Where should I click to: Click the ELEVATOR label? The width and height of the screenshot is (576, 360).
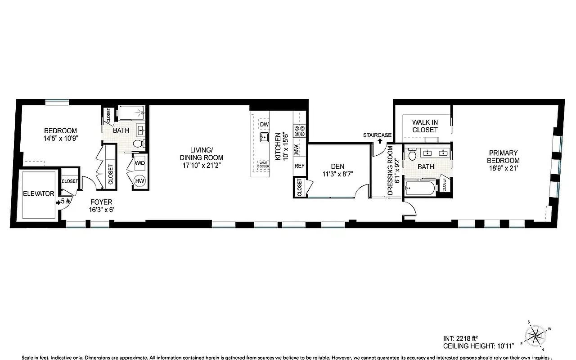point(38,194)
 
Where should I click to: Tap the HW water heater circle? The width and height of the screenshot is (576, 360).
point(140,180)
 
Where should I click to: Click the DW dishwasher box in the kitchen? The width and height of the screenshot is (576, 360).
point(264,124)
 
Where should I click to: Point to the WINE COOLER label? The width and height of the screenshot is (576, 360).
point(263,165)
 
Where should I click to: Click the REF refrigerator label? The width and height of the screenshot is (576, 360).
point(299,166)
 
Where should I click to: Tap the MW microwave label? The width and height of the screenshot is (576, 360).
point(297,150)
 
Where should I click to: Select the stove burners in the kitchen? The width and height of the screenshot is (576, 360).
point(299,131)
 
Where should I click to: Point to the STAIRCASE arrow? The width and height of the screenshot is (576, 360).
point(380,141)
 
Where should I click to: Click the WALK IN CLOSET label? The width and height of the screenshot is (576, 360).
point(425,126)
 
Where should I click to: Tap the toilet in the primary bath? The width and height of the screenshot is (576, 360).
point(412,155)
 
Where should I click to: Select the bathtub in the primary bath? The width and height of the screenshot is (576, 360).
point(420,188)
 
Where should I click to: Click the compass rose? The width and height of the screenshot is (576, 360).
point(535,335)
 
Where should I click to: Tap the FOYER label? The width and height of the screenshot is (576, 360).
point(101,202)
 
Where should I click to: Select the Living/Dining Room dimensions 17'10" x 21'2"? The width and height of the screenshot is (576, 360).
point(201,165)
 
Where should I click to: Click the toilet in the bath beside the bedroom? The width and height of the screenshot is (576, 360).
point(139,144)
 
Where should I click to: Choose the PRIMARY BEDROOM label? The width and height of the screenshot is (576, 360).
point(504,157)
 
